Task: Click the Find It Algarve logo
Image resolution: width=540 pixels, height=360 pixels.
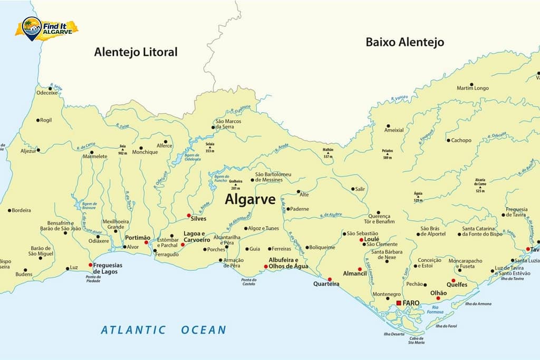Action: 46,28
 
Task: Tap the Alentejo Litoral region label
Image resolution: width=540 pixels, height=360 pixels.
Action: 136,52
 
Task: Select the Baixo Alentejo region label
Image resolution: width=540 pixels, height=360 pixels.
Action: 404,42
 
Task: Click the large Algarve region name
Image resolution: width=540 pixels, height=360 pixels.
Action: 250,199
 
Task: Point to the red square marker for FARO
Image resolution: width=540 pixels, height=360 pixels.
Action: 399,303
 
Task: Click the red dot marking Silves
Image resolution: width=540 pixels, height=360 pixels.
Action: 189,215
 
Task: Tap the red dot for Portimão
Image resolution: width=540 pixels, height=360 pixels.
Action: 147,242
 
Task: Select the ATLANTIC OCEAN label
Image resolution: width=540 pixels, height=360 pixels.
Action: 163,330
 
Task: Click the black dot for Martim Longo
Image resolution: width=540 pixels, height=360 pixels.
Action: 471,84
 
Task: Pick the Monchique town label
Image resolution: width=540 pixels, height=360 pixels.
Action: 144,152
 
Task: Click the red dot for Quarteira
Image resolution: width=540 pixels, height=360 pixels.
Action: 330,279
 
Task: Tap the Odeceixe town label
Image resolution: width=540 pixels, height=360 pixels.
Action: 46,93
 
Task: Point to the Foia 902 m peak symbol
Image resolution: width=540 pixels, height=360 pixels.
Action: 122,150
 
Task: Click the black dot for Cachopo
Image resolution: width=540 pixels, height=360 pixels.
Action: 448,140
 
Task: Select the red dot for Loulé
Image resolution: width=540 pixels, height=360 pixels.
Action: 361,240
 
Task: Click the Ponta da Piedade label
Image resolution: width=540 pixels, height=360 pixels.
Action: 93,279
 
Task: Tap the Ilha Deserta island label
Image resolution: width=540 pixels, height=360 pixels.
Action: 394,334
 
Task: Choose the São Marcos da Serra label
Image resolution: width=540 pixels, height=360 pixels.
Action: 228,124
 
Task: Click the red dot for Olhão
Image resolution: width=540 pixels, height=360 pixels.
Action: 438,298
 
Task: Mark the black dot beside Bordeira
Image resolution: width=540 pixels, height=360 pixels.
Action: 9,210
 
